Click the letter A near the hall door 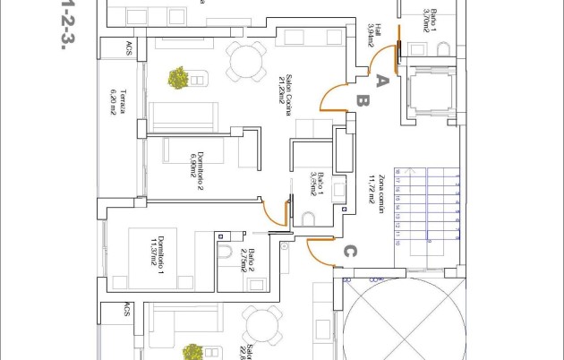click(x=380, y=81)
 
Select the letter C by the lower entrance click(x=351, y=252)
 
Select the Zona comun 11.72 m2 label click(x=377, y=189)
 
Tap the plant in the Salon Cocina click(x=178, y=78)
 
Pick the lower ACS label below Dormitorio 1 click(x=127, y=310)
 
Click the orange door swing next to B click(x=333, y=95)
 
